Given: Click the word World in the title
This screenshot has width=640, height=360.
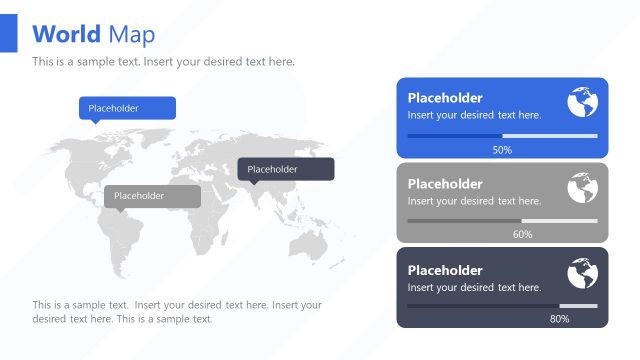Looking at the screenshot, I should (x=66, y=34).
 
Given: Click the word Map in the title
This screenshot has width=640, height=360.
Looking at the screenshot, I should (x=132, y=34).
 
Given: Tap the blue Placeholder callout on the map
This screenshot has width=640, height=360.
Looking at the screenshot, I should (x=127, y=108).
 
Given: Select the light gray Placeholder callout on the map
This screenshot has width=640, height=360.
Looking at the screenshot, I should (x=152, y=196).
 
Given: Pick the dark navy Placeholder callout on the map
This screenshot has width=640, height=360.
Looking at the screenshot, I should (x=285, y=169).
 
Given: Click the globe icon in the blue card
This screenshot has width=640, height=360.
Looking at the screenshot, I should (x=582, y=102).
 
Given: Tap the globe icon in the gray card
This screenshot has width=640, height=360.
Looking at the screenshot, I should (x=582, y=188).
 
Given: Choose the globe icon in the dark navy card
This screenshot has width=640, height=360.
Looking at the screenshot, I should (x=582, y=273).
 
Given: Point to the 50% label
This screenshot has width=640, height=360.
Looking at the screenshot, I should (x=502, y=150).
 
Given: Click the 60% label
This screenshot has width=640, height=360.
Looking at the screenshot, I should (x=522, y=235).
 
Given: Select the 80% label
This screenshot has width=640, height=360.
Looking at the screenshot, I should (x=559, y=320).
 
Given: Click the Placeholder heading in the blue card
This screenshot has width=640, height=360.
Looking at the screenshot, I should (x=445, y=98).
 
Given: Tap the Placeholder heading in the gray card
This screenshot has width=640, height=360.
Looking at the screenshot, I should (x=445, y=184).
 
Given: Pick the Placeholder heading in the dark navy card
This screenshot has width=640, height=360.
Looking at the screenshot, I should (x=445, y=270).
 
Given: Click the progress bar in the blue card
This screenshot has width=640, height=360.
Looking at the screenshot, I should (x=502, y=135).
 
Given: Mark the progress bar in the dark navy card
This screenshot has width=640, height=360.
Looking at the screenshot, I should (x=502, y=306).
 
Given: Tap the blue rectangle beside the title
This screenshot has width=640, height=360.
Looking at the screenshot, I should (x=9, y=34).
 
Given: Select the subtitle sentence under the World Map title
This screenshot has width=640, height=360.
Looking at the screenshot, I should (x=163, y=62).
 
